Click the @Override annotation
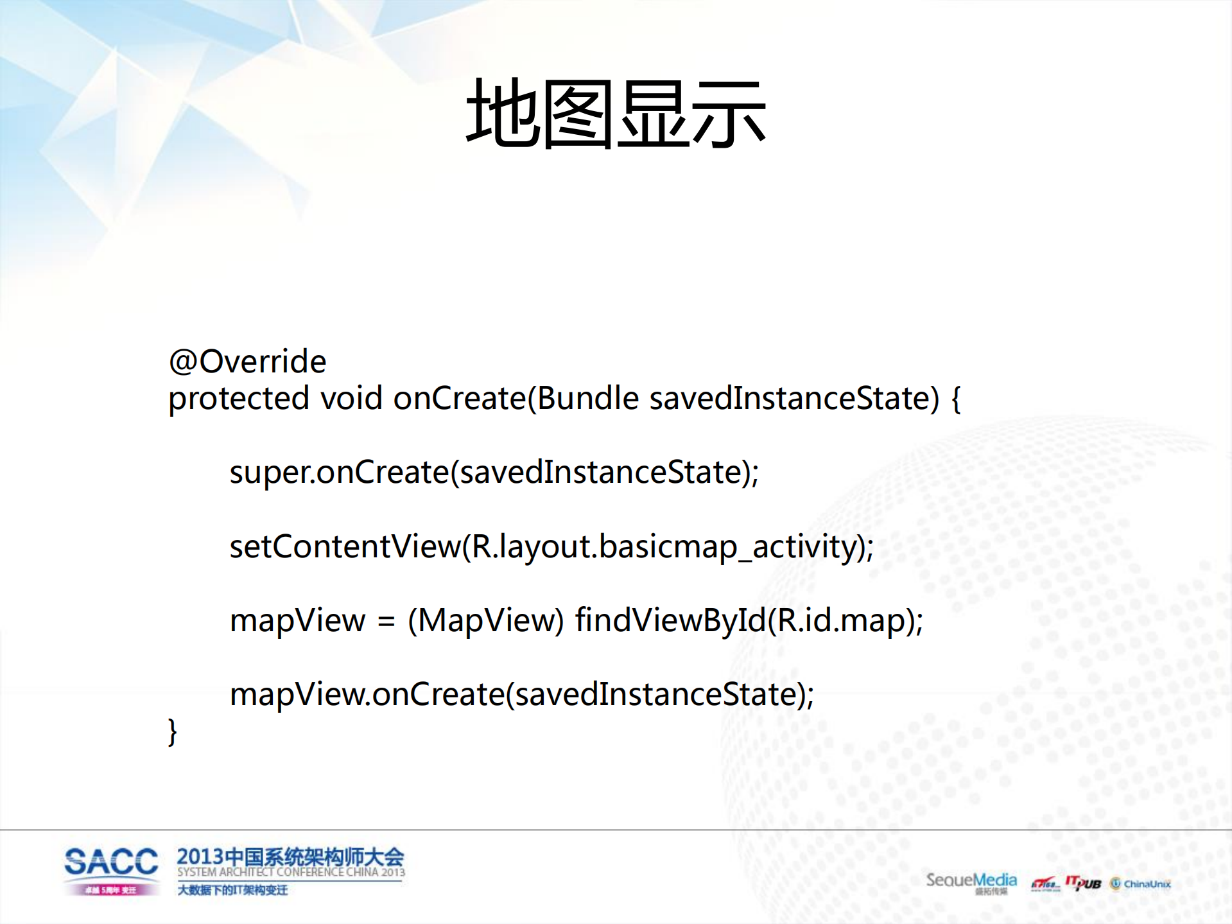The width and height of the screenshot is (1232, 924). pyautogui.click(x=247, y=362)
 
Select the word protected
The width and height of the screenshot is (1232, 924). pyautogui.click(x=239, y=399)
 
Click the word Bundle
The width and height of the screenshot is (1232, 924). pyautogui.click(x=588, y=398)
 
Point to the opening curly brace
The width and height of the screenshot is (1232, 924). pyautogui.click(x=955, y=399)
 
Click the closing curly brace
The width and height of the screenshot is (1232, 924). pyautogui.click(x=172, y=732)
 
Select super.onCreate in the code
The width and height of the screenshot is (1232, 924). pyautogui.click(x=340, y=473)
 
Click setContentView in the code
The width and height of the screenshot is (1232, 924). pyautogui.click(x=345, y=546)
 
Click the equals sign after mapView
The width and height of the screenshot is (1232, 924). pyautogui.click(x=386, y=622)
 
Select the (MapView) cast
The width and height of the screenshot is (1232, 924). pyautogui.click(x=485, y=620)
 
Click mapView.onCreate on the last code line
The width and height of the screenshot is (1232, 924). pyautogui.click(x=367, y=694)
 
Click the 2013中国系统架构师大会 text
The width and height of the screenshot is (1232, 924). pyautogui.click(x=290, y=857)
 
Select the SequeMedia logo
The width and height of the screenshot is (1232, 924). pyautogui.click(x=971, y=881)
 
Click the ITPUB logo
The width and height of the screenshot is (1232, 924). pyautogui.click(x=1083, y=884)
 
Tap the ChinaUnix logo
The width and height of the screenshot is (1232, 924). pyautogui.click(x=1141, y=884)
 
